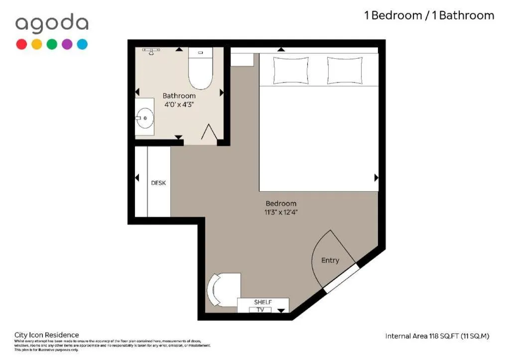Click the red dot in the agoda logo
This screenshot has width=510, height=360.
tap(21, 44)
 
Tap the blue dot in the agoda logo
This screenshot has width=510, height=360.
tap(82, 44)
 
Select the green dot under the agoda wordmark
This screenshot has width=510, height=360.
tap(52, 44)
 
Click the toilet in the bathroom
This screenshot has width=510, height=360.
tap(200, 70)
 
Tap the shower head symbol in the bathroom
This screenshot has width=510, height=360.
tap(150, 51)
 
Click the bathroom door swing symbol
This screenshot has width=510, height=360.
tap(208, 132)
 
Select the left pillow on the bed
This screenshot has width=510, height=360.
tap(291, 71)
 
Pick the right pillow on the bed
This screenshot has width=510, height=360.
tap(345, 71)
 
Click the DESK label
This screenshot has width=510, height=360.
tap(158, 183)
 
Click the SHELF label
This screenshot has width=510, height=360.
tap(262, 302)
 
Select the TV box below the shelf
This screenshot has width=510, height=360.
tap(260, 310)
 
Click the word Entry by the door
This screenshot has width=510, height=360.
tap(330, 260)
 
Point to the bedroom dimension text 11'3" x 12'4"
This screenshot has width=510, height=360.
tap(281, 212)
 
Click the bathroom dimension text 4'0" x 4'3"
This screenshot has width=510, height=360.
tap(179, 105)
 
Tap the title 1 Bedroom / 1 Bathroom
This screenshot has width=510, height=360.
tap(429, 15)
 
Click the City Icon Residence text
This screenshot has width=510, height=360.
tap(46, 335)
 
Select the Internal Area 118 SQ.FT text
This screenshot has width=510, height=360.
tap(437, 336)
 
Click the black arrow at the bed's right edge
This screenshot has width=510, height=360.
tap(376, 178)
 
